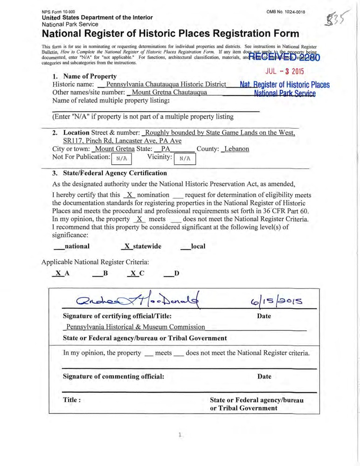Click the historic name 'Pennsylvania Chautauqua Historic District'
tap(166, 85)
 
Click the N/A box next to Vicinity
tap(185, 159)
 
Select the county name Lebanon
tap(236, 149)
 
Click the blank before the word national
tap(58, 246)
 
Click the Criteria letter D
tap(177, 273)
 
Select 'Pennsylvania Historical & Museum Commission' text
tap(136, 327)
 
